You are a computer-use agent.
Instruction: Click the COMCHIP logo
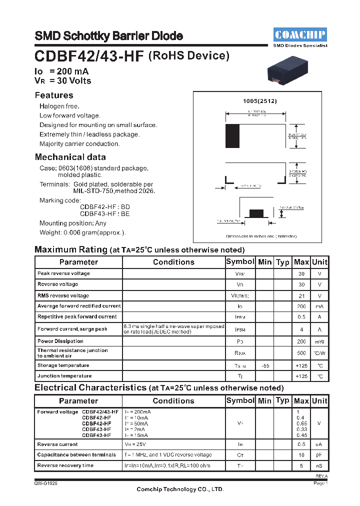click(300, 34)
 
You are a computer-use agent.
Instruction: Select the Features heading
click(54, 95)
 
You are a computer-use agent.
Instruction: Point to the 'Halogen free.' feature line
click(59, 106)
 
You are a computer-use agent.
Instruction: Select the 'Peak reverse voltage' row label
click(63, 273)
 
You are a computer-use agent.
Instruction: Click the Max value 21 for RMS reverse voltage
click(301, 295)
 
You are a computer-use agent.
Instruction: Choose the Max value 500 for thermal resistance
click(301, 353)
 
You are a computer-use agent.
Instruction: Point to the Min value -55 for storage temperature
click(265, 365)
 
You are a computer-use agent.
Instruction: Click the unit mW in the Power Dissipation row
click(319, 342)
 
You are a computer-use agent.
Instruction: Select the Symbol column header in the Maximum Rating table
click(240, 262)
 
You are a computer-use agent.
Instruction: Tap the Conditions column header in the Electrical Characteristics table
click(173, 401)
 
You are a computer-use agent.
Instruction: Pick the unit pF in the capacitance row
click(319, 455)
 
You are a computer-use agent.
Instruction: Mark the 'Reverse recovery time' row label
click(65, 465)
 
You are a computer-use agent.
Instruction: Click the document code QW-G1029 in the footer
click(45, 483)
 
